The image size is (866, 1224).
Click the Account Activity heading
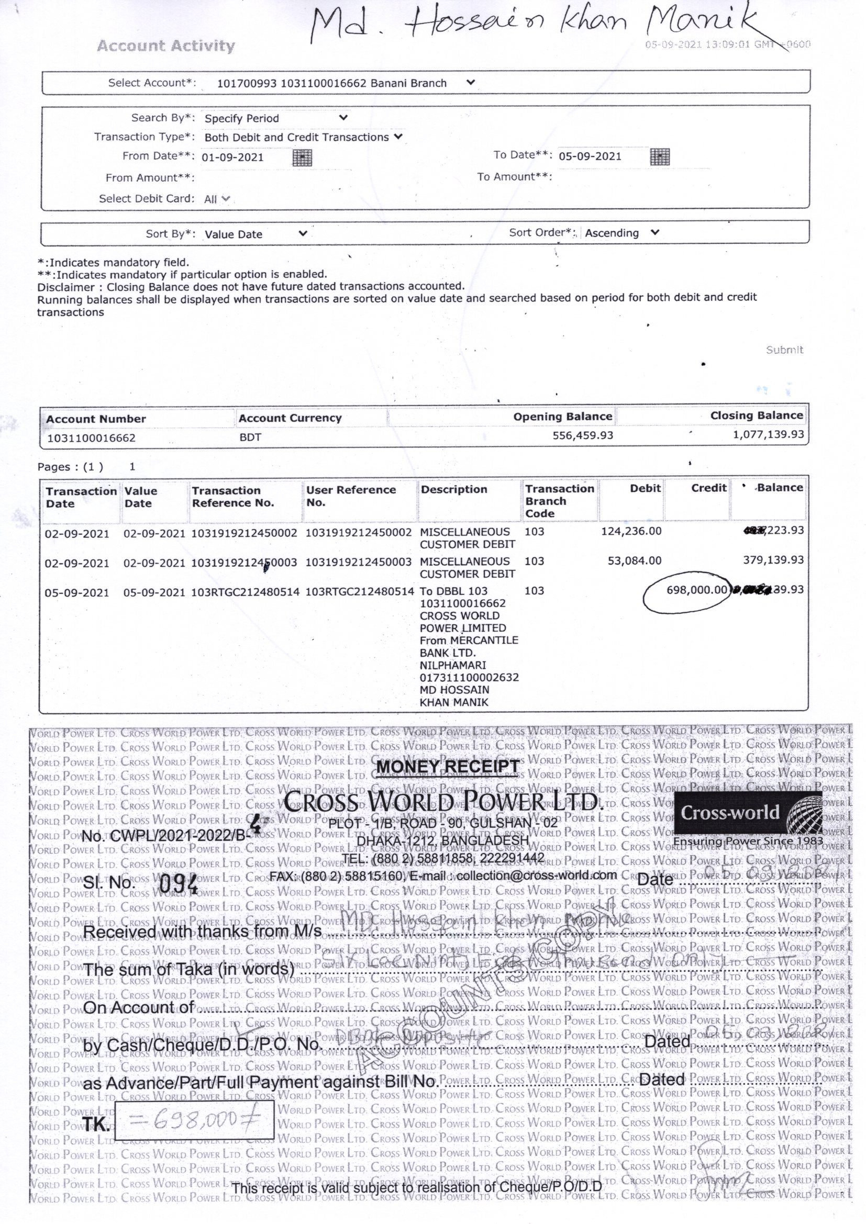tap(166, 46)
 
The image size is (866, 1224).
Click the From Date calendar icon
tap(302, 158)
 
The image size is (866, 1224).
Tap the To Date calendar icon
tap(660, 157)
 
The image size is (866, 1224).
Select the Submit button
tap(784, 350)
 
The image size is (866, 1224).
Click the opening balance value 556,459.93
tap(583, 435)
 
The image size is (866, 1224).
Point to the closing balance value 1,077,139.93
tap(769, 434)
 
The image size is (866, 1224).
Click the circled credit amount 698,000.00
tap(696, 590)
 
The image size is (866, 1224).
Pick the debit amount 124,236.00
tap(631, 531)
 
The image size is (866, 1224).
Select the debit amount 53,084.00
tap(635, 560)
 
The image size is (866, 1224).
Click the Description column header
tap(454, 489)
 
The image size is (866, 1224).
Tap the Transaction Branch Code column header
tap(559, 501)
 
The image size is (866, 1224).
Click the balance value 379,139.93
tap(773, 560)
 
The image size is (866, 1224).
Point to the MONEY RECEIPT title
tap(448, 767)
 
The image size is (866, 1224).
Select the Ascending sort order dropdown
tap(622, 233)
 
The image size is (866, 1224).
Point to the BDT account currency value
tap(250, 437)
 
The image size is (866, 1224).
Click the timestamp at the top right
tap(727, 44)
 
